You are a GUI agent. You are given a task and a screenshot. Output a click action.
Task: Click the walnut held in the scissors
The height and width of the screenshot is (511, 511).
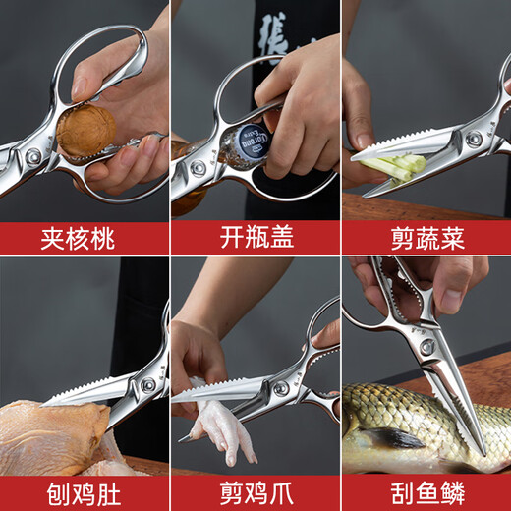(x=85, y=132)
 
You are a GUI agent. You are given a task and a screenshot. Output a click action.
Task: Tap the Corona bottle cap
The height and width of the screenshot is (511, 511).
(x=252, y=142)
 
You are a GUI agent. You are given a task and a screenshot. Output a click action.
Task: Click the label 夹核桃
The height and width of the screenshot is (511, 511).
(x=78, y=239)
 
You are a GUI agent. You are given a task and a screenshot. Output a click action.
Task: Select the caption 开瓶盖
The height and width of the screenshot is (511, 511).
(x=256, y=237)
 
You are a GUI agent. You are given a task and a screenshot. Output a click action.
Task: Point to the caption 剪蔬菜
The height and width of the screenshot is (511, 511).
(x=427, y=238)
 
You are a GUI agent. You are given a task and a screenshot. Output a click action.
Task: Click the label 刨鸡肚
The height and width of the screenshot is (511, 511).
(x=84, y=494)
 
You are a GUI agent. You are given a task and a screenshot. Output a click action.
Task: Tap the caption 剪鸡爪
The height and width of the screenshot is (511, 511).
(x=256, y=493)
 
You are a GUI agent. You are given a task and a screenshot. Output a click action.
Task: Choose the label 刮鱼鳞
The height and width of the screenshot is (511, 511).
(x=427, y=493)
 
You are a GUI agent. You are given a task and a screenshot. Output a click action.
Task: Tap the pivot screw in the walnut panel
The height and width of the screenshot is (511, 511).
(x=32, y=157)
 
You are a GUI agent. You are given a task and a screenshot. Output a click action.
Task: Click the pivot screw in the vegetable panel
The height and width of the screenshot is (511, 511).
(x=474, y=139)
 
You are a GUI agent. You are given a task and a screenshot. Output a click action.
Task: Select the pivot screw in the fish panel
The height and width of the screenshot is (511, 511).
(x=427, y=347)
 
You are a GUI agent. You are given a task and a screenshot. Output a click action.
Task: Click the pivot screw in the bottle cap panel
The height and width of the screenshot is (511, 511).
(x=199, y=169)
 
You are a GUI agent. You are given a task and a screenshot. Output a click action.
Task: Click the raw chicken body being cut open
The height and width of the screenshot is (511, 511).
(x=57, y=438)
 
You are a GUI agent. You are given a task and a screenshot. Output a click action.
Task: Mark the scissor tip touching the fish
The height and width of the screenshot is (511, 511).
(x=483, y=454)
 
